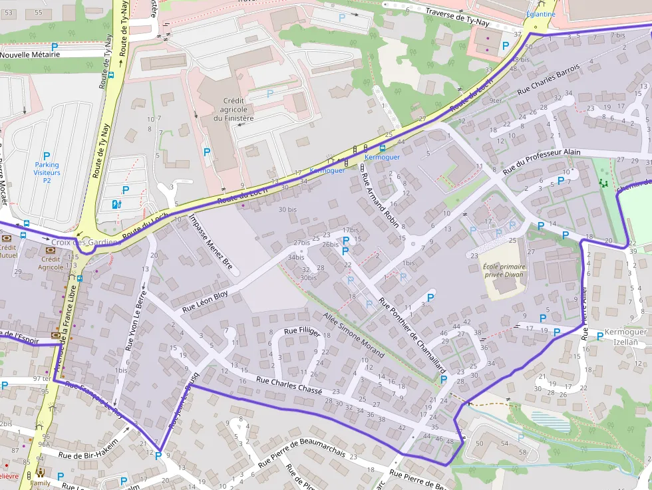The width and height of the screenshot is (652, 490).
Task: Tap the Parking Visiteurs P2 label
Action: pos(47,172)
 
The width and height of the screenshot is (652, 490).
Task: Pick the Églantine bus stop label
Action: pos(540,14)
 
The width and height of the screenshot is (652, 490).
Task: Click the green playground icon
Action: pos(603,182)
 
